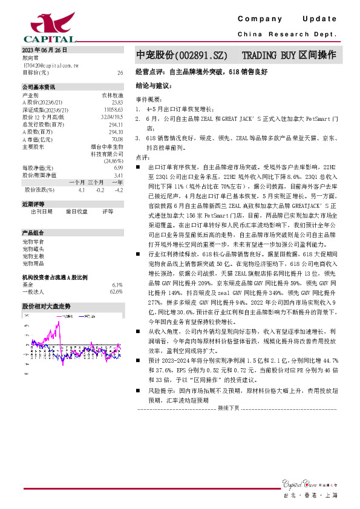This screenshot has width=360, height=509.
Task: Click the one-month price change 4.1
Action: tap(81, 189)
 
